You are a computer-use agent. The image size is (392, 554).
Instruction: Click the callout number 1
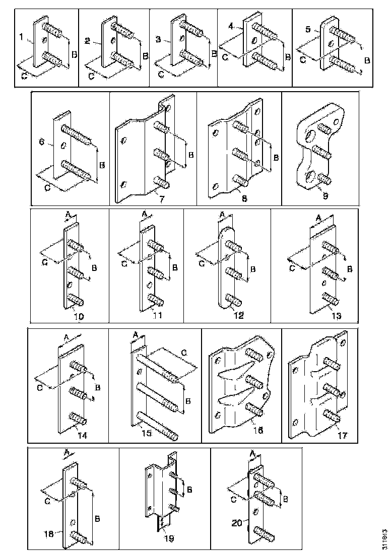pyautogui.click(x=21, y=37)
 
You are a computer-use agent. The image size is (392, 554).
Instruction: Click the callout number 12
pyautogui.click(x=238, y=316)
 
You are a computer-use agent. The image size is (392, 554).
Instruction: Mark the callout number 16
pyautogui.click(x=259, y=430)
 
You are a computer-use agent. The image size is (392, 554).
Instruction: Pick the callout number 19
pyautogui.click(x=168, y=538)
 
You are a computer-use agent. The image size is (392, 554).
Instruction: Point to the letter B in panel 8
pyautogui.click(x=276, y=158)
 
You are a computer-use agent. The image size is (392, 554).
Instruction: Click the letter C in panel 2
pyautogui.click(x=91, y=76)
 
